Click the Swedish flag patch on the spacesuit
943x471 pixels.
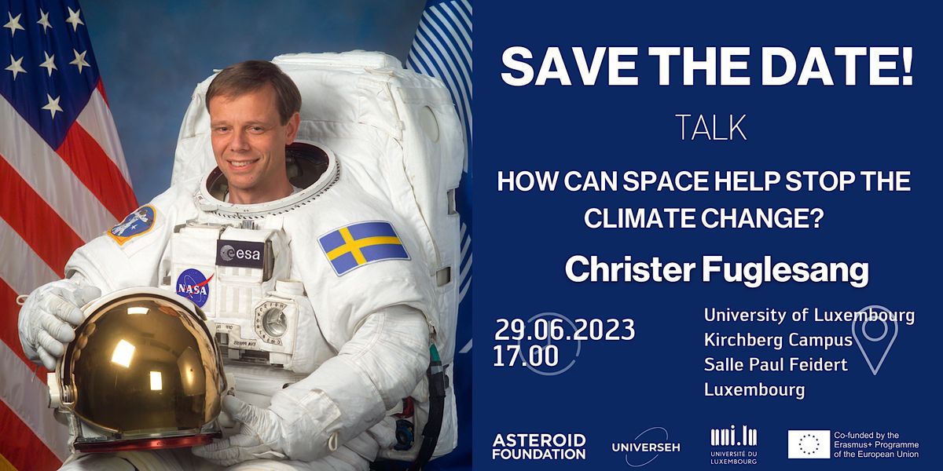[x=364, y=247]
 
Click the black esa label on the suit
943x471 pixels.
[x=240, y=253]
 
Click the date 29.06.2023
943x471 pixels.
[x=564, y=330]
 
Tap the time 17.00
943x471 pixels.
[x=526, y=356]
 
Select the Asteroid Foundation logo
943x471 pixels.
[x=538, y=446]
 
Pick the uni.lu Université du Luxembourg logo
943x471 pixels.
[x=732, y=445]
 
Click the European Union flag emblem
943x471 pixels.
[x=809, y=444]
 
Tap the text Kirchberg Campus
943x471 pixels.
[x=778, y=341]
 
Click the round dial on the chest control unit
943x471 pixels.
[x=274, y=321]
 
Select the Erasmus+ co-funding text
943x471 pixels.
[x=882, y=444]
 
